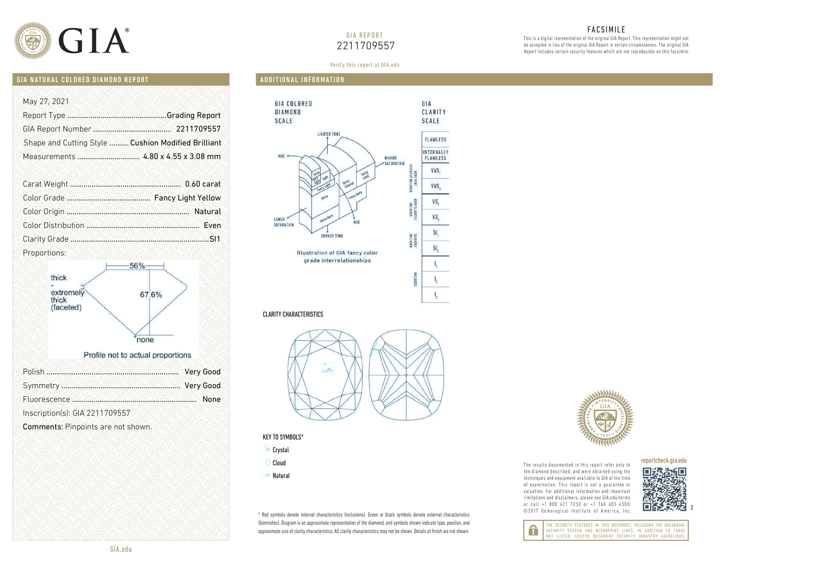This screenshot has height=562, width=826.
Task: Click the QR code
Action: click(x=664, y=489)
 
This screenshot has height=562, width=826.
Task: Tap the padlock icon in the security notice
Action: click(x=533, y=530)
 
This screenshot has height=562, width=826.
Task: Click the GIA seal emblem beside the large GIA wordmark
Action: click(x=33, y=41)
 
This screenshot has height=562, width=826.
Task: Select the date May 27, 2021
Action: click(x=46, y=102)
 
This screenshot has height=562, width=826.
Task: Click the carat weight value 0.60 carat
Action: click(x=202, y=184)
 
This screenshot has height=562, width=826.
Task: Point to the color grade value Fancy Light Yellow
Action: click(x=187, y=198)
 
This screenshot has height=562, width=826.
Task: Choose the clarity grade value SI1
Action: click(x=215, y=239)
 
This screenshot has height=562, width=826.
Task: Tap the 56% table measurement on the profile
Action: click(x=137, y=266)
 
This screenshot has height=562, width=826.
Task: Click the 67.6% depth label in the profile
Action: click(x=151, y=294)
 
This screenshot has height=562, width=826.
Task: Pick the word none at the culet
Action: click(x=145, y=340)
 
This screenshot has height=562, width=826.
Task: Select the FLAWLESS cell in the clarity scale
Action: click(x=435, y=140)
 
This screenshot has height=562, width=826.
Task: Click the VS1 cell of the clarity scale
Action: click(x=436, y=202)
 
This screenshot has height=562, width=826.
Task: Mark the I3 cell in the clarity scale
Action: click(x=436, y=295)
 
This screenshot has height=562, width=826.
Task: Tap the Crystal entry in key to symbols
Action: click(x=280, y=450)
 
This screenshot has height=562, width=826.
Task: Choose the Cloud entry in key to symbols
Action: click(x=279, y=463)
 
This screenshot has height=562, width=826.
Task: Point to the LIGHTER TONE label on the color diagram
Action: click(x=328, y=134)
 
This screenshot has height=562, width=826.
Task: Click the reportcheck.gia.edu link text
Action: click(x=663, y=460)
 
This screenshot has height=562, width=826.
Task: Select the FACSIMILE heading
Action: click(x=606, y=30)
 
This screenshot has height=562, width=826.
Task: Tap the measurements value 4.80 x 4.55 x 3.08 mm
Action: click(x=182, y=157)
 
